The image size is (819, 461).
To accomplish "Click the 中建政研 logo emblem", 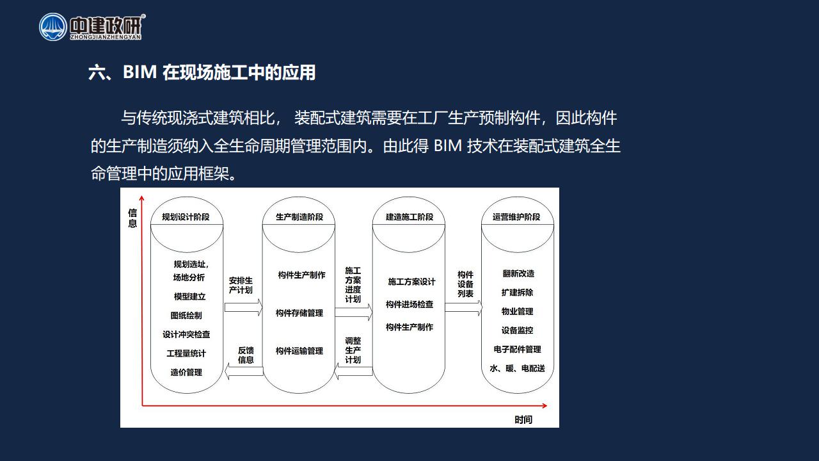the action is [53, 27].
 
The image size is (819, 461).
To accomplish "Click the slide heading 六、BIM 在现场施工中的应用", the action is [202, 72].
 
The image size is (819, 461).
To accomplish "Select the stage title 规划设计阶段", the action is [186, 217].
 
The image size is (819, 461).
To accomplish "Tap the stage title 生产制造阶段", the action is [299, 217].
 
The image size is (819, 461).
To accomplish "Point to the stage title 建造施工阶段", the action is [409, 217].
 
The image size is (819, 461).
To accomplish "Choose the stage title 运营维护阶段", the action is [516, 217].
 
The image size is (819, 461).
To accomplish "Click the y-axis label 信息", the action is [132, 218].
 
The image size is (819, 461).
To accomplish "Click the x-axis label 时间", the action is [523, 419].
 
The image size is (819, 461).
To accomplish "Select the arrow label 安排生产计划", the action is [241, 286].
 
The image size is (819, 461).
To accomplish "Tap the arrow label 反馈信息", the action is [246, 355].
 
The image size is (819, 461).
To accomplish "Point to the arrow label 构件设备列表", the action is [465, 284].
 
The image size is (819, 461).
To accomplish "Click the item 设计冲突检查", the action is [186, 334].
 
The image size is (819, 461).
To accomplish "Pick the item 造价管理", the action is [186, 373].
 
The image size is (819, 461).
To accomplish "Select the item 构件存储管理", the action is [299, 313].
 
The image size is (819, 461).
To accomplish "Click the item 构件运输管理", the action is [299, 351].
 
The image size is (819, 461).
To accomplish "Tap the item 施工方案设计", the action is [411, 282].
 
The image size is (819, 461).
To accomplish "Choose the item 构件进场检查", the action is [409, 304].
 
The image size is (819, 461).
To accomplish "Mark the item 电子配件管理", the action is [518, 350].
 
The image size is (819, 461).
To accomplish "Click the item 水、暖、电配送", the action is [518, 368].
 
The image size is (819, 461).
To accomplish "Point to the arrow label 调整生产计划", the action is [353, 350].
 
